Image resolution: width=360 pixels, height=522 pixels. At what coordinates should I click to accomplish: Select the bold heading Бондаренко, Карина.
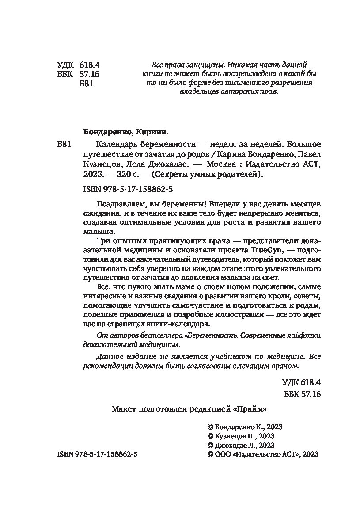pos(126,131)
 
